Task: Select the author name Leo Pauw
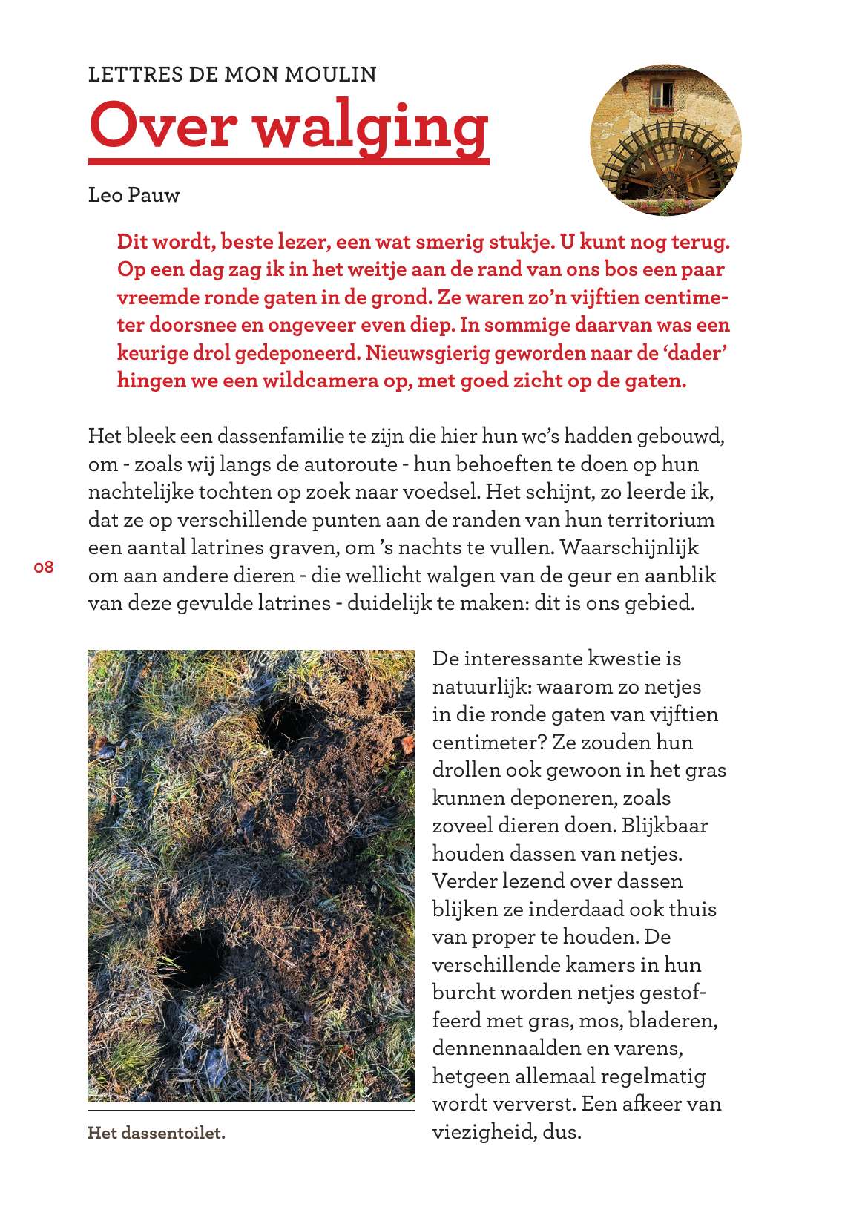(x=134, y=195)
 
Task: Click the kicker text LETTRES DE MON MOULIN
(x=232, y=74)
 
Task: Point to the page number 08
(x=44, y=568)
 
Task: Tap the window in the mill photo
(x=661, y=94)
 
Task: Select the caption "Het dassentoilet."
(x=156, y=1134)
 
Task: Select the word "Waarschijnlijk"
(x=630, y=547)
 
